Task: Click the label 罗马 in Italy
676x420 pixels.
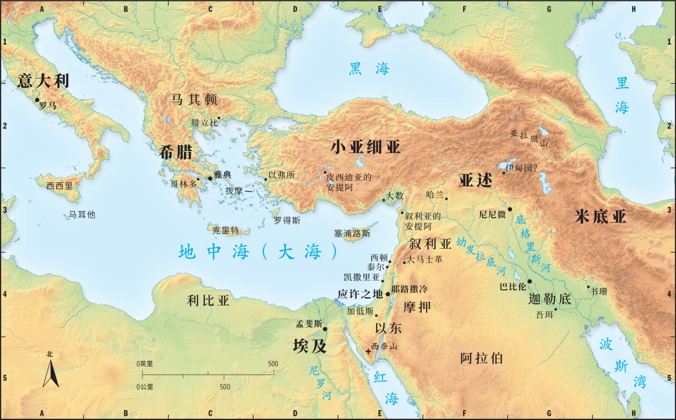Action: tap(48, 105)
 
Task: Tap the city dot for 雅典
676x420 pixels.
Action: tap(210, 178)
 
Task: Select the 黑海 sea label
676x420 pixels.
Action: tap(369, 69)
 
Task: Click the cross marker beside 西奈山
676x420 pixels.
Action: tap(368, 351)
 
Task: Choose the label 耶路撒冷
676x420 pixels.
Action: tap(409, 289)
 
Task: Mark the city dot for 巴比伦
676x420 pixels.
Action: tap(529, 282)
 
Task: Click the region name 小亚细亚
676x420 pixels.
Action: tap(365, 147)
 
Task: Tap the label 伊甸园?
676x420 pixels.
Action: tap(522, 168)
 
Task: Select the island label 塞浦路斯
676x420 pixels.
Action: tap(352, 233)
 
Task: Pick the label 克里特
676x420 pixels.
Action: tap(225, 231)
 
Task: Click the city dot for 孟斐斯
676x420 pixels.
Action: tap(325, 329)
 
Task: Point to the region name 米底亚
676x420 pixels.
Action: tap(600, 217)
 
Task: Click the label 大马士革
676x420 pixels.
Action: tap(425, 259)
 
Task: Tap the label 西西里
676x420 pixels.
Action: tap(60, 186)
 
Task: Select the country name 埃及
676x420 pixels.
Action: tap(310, 346)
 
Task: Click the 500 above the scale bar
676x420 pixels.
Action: tap(273, 364)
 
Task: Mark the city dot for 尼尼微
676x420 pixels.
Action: tap(510, 209)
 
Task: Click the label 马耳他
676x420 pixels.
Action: tap(82, 214)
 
